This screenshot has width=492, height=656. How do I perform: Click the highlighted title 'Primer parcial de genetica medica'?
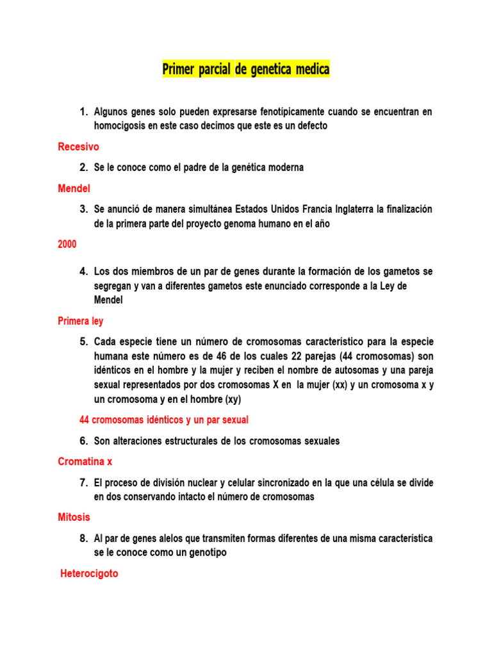click(x=246, y=69)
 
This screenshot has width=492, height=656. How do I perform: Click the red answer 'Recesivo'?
click(x=78, y=147)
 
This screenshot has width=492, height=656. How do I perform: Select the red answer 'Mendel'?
click(x=74, y=188)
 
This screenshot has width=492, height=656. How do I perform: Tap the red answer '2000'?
click(x=67, y=244)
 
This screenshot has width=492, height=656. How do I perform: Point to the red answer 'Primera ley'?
click(x=80, y=321)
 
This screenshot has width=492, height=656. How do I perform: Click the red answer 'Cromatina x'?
click(x=85, y=461)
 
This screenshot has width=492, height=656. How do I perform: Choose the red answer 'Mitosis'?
click(x=74, y=516)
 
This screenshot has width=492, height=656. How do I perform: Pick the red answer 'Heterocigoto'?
click(x=89, y=573)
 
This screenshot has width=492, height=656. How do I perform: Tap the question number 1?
click(x=83, y=112)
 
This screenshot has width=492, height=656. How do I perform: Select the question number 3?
click(x=83, y=209)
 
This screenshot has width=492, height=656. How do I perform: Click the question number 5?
click(x=83, y=340)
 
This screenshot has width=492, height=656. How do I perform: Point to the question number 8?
click(x=83, y=538)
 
